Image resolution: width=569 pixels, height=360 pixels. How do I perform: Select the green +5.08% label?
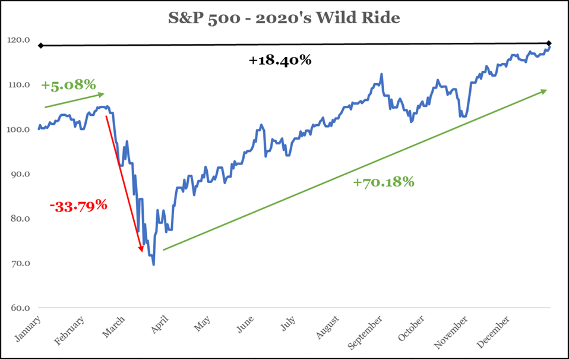point(68,84)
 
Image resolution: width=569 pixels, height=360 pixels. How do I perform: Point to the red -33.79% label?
point(78,206)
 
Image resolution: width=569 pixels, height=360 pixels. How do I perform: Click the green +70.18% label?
point(383,182)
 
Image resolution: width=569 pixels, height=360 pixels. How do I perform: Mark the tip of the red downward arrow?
point(142,252)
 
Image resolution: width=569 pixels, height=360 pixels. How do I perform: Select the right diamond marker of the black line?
point(549,43)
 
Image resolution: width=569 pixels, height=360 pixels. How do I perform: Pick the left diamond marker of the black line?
point(40,46)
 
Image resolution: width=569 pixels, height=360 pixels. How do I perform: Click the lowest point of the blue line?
point(153,264)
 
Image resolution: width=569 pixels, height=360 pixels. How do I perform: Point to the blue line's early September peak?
point(381,74)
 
